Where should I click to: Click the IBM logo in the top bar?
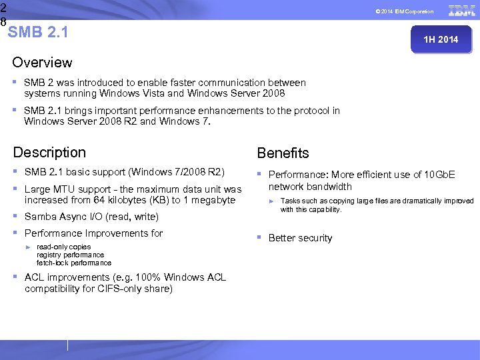[461, 11]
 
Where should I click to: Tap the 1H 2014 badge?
[441, 39]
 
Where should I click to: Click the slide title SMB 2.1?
[39, 32]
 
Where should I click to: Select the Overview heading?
[42, 63]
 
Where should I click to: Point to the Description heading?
[49, 153]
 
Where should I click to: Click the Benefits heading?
[283, 153]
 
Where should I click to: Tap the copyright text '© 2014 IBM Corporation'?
[404, 11]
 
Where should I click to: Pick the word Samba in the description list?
[39, 217]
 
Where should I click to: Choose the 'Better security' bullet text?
[300, 238]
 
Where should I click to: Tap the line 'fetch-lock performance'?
[74, 263]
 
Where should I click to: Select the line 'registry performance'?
[70, 255]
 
